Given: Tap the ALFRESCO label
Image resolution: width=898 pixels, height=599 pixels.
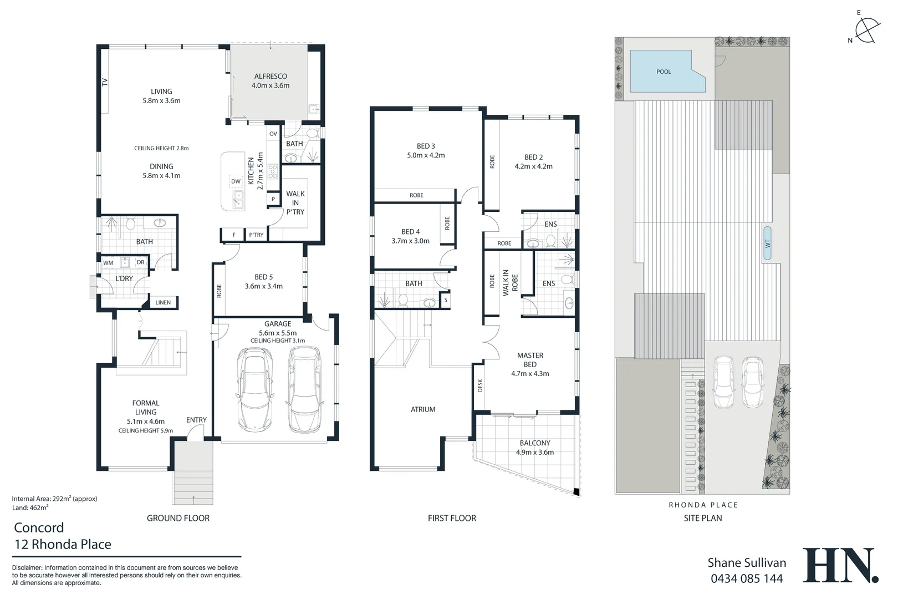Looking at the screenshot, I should (271, 77).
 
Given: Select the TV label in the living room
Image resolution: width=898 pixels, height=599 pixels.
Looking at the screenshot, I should (104, 82).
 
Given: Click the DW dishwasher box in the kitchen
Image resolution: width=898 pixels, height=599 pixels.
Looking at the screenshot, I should (236, 181).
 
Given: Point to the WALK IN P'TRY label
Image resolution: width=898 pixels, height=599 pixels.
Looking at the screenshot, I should (295, 202).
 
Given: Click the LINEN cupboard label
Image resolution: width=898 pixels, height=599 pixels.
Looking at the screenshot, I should (163, 302).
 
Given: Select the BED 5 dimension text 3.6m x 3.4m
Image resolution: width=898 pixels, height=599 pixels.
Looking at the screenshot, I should (264, 286).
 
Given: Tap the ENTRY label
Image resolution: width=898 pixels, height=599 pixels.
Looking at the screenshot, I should (196, 420).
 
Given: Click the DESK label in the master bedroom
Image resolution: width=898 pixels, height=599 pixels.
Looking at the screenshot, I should (480, 385).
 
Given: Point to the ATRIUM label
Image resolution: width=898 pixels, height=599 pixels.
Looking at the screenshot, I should (423, 409).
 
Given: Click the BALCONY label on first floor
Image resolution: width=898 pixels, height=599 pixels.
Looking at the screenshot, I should (535, 443).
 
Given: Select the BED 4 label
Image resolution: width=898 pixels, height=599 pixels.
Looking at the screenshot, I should (410, 232).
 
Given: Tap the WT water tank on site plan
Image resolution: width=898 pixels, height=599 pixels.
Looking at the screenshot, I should (768, 243).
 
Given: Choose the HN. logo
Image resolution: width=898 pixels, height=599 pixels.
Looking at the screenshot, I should (840, 565).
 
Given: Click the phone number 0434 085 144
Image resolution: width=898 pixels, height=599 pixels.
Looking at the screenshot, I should (747, 578).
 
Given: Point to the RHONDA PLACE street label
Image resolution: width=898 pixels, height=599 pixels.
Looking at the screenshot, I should (703, 505).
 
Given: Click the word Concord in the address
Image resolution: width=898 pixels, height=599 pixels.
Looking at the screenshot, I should (39, 527).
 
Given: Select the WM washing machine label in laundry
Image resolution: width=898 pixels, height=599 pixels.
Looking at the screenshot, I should (108, 262).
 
